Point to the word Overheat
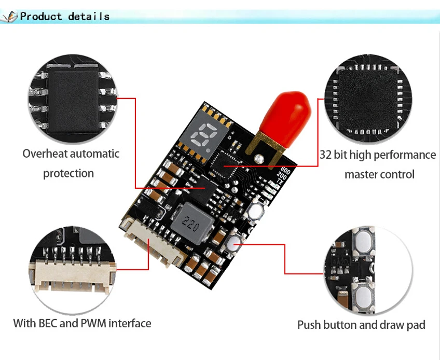point(45,154)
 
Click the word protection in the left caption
point(68,173)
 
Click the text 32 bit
point(333,155)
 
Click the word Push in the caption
point(309,325)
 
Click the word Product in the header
point(41,17)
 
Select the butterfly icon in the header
point(9,17)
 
